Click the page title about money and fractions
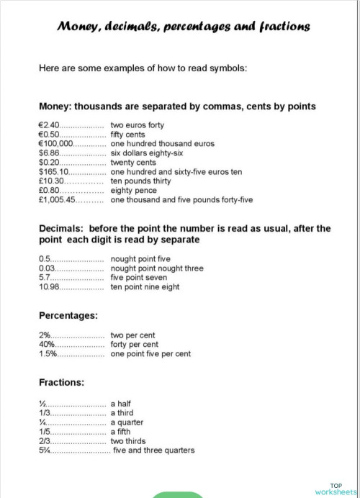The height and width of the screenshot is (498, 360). [x=184, y=26]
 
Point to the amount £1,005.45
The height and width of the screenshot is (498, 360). [x=57, y=200]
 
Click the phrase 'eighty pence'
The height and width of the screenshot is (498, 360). [x=132, y=191]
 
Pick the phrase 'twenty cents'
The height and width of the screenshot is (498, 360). [x=132, y=163]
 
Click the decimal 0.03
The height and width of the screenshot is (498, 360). [x=47, y=268]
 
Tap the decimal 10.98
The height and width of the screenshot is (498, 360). [x=48, y=287]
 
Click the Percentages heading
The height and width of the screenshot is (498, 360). [x=68, y=315]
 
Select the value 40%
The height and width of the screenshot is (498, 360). [x=47, y=345]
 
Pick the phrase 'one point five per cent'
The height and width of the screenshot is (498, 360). [x=150, y=354]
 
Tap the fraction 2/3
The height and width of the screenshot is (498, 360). [x=45, y=441]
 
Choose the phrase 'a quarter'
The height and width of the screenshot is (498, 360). [x=127, y=422]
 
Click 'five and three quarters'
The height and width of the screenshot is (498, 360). [x=153, y=451]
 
